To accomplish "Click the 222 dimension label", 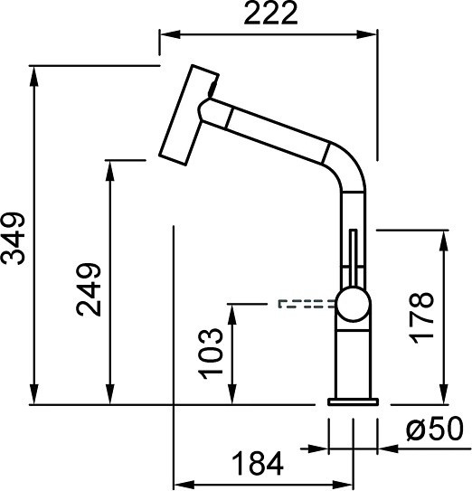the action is (x=270, y=14).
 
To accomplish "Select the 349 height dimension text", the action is (x=14, y=239).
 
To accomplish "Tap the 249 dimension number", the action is (x=89, y=289).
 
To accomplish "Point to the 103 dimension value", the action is (x=211, y=354).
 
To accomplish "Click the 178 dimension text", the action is (x=422, y=318).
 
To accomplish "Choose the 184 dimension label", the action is (x=258, y=464).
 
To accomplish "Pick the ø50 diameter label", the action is (x=435, y=429).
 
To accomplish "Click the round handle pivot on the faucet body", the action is (x=353, y=305).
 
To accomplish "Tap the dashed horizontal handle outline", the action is (x=307, y=304).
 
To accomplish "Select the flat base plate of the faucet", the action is (x=353, y=401).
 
